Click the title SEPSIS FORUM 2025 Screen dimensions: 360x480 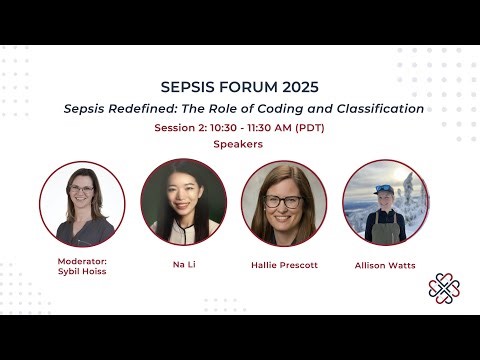240,86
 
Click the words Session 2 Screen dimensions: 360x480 181,128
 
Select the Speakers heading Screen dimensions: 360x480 238,144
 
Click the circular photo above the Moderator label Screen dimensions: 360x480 82,204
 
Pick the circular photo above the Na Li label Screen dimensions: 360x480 184,203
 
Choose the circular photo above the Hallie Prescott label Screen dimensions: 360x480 284,204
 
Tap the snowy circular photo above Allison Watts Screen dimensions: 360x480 385,203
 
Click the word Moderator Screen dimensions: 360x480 82,261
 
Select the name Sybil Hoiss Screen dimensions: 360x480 82,271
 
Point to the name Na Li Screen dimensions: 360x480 183,266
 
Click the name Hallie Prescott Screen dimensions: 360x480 284,266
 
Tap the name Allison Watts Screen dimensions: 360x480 385,265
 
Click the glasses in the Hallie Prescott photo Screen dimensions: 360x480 283,201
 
